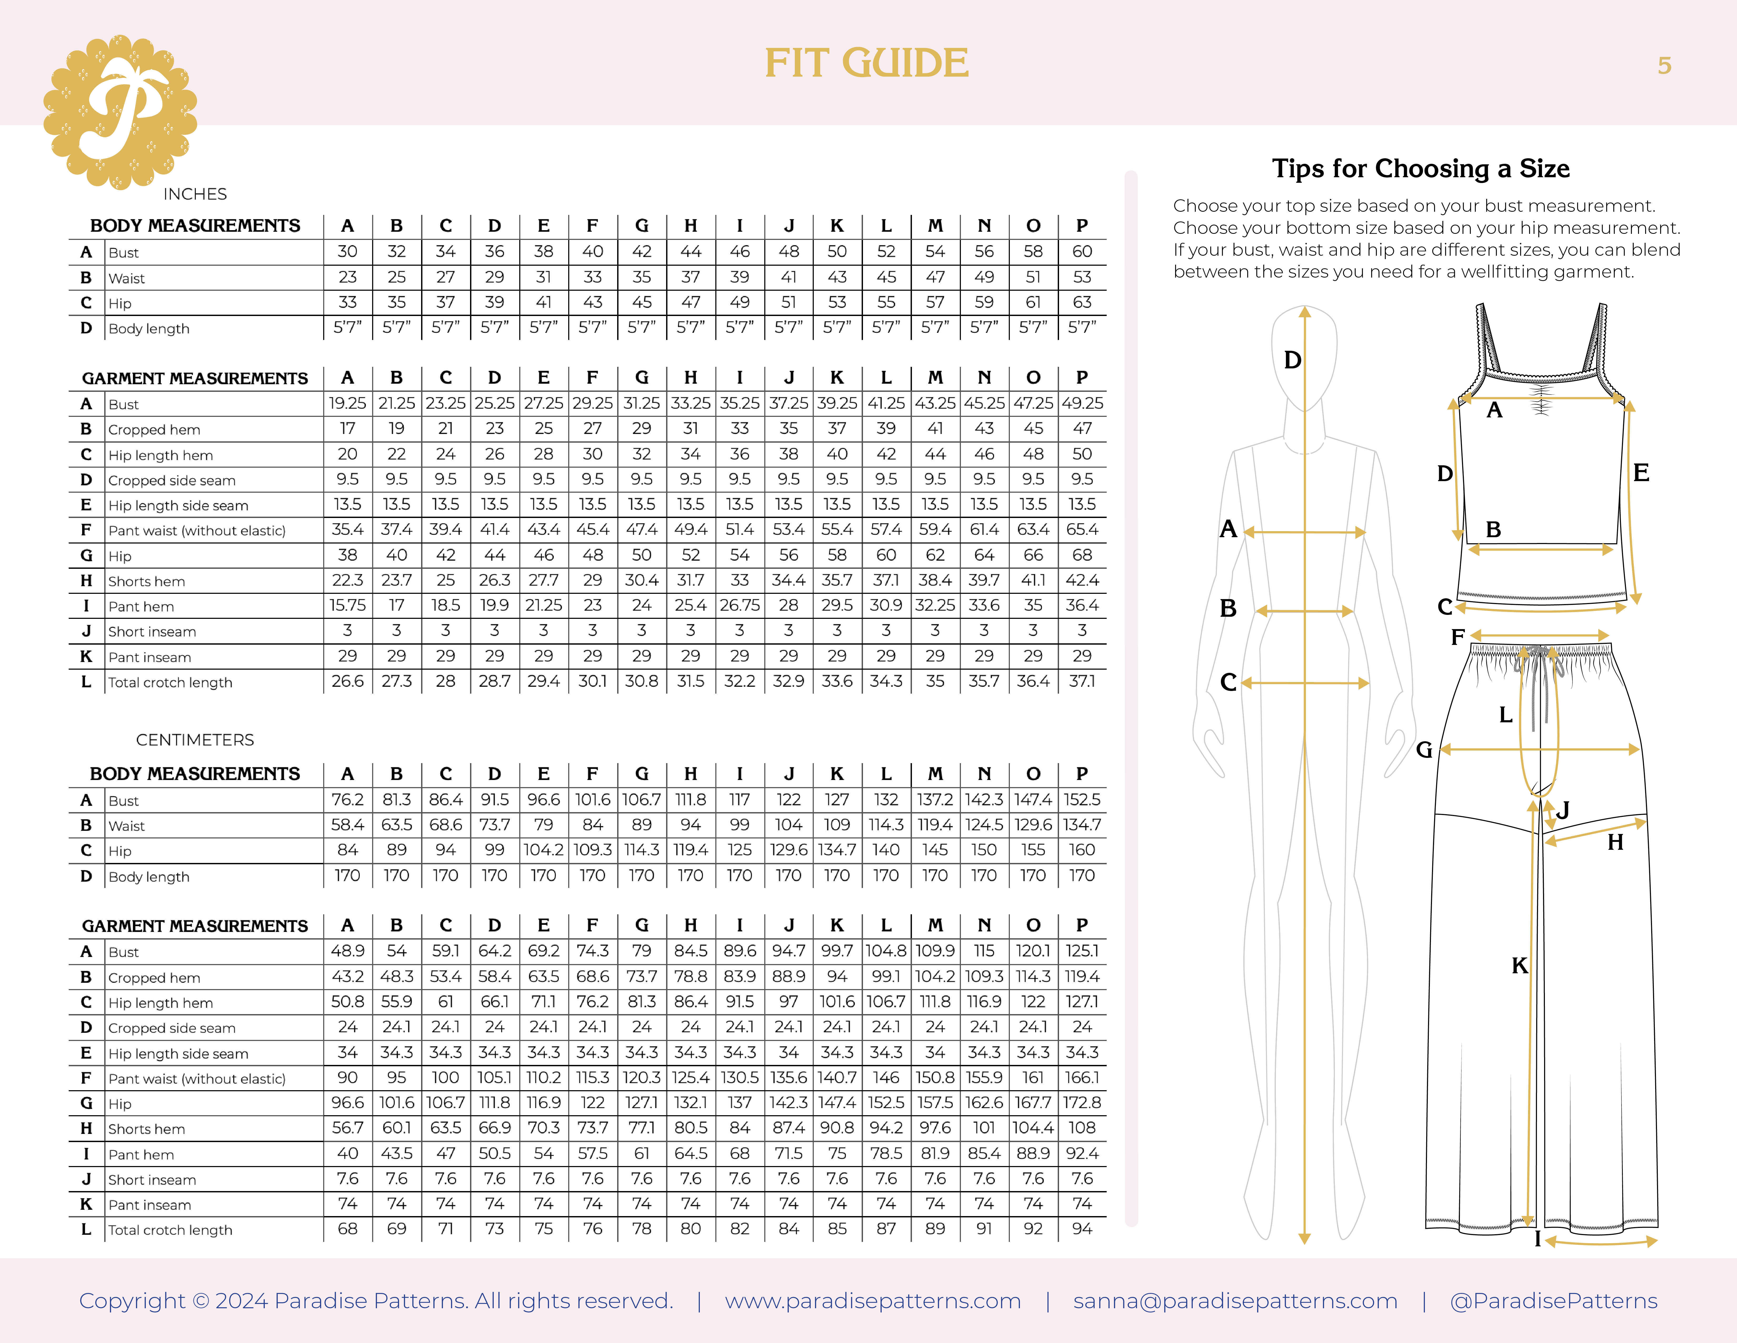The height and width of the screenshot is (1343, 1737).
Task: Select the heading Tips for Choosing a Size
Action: pyautogui.click(x=1420, y=169)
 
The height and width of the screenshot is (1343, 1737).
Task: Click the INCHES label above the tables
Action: pyautogui.click(x=195, y=194)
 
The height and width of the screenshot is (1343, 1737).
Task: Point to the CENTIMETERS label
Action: pyautogui.click(x=195, y=740)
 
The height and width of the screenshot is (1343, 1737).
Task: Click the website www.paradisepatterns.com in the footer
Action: pyautogui.click(x=872, y=1301)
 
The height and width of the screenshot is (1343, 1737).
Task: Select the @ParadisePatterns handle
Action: pyautogui.click(x=1553, y=1301)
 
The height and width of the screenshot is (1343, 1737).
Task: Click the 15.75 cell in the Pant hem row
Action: pyautogui.click(x=348, y=605)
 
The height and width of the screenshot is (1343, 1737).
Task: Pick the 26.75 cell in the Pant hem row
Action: pyautogui.click(x=740, y=605)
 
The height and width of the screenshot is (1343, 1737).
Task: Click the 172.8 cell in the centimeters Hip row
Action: pyautogui.click(x=1082, y=1103)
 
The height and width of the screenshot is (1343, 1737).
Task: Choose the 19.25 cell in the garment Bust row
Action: pyautogui.click(x=348, y=403)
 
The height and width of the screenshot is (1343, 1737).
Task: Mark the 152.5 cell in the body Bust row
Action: pyautogui.click(x=1082, y=799)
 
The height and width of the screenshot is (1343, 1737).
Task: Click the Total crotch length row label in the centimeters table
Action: pyautogui.click(x=170, y=1230)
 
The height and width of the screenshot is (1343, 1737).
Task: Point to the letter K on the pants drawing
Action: pyautogui.click(x=1519, y=965)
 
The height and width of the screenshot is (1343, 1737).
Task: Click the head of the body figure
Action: pyautogui.click(x=1304, y=358)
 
